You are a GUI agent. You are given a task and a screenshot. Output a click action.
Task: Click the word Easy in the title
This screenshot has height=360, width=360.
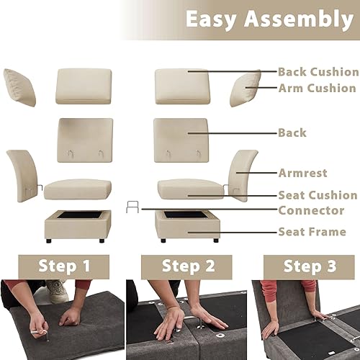[215, 19]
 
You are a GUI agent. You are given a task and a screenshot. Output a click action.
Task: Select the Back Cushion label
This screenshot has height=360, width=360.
[318, 72]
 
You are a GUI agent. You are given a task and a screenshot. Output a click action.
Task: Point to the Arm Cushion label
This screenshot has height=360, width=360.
[317, 89]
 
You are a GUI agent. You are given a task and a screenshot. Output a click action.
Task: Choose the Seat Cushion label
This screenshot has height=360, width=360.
[318, 195]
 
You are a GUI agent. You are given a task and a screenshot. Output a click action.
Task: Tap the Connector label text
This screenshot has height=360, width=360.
[311, 210]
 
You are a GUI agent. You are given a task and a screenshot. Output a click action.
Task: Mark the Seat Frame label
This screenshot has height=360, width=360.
[312, 232]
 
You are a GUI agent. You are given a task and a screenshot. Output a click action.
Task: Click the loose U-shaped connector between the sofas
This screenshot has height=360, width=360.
[132, 208]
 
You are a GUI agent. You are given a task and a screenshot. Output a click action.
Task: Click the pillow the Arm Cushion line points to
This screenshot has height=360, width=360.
[246, 88]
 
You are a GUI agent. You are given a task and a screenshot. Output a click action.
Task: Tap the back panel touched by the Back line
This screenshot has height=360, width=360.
[181, 135]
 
